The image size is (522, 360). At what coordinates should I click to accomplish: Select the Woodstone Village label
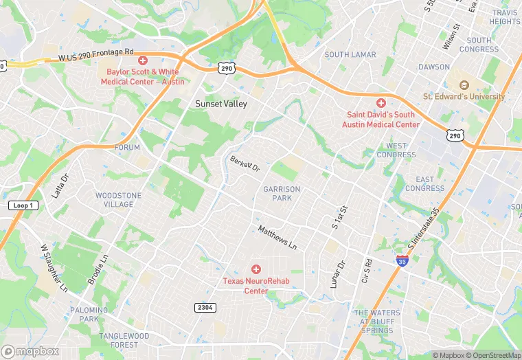point(119,200)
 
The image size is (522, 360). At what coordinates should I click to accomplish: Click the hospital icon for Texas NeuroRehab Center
point(256,269)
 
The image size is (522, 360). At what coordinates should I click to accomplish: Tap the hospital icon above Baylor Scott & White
point(143,60)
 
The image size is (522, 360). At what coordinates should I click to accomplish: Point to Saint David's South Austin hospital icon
point(381,102)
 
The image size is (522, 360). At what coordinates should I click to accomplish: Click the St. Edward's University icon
point(463,85)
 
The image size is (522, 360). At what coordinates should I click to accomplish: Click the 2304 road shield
point(204,306)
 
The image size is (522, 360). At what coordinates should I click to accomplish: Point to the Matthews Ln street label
point(278,237)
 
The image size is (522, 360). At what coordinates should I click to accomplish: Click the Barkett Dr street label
point(245,164)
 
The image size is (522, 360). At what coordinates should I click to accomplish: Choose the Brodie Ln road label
point(98,269)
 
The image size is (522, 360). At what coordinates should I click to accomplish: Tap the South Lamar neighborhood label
point(350,55)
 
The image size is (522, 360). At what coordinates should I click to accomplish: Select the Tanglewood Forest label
point(124,340)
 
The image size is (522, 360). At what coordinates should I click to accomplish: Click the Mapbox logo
point(30,351)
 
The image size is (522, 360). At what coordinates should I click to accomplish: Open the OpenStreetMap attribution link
point(492,355)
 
